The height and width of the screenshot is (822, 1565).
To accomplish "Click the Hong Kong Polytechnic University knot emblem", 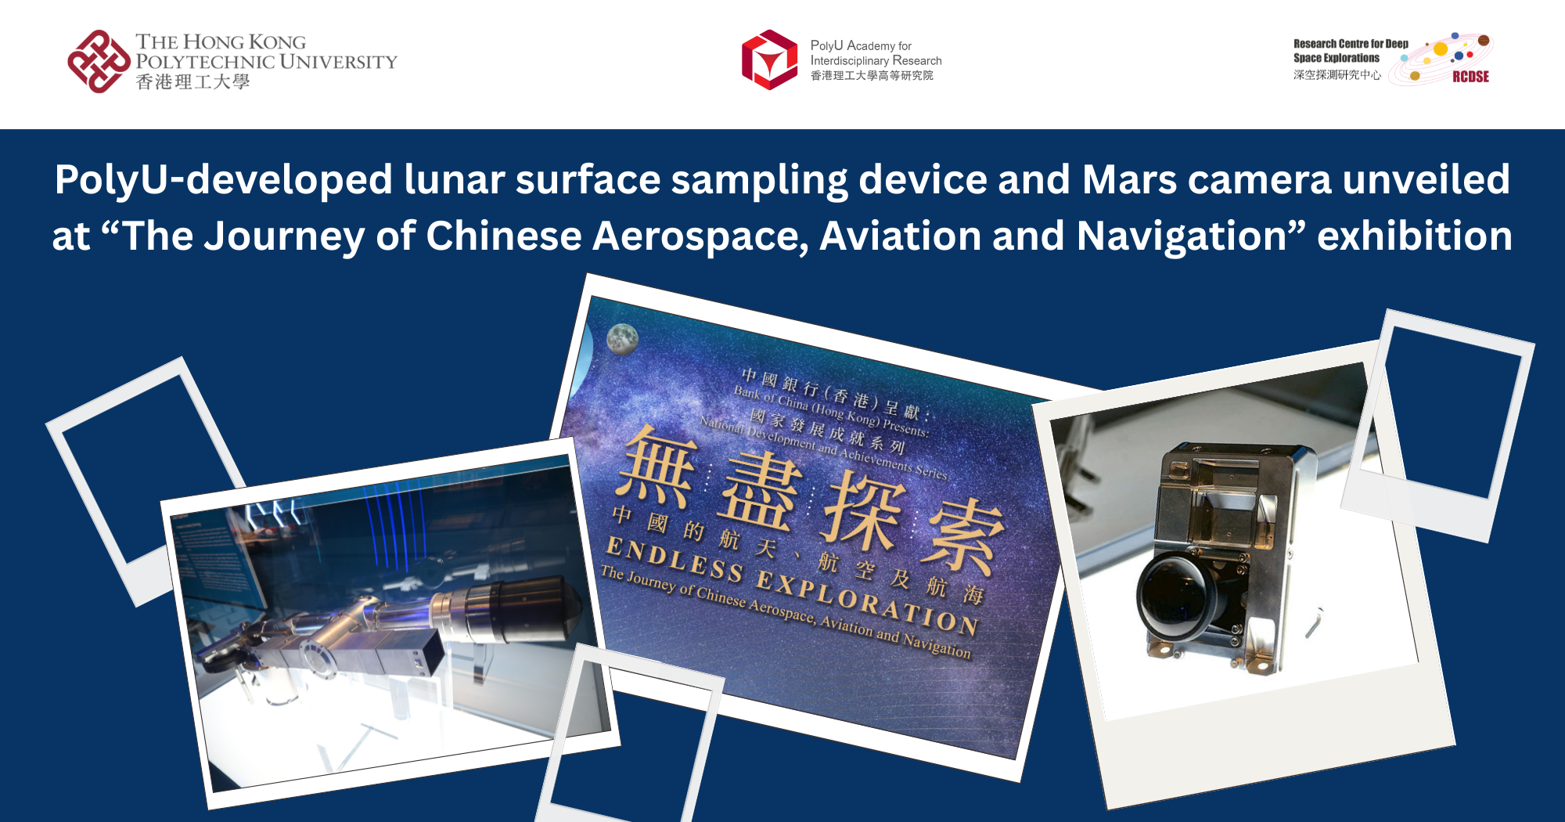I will point(99,61).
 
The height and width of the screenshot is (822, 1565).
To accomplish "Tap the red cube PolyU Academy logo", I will point(769,59).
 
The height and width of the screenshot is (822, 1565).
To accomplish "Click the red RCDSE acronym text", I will point(1470,77).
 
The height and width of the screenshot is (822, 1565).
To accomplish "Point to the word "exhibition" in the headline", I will point(1414,236).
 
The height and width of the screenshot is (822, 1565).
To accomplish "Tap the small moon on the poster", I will point(622,339).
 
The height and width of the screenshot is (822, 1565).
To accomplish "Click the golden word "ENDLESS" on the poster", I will point(674,559).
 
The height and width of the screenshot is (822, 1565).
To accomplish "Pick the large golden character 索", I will point(962,537).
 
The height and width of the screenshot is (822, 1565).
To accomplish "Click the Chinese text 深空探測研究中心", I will point(1337,75).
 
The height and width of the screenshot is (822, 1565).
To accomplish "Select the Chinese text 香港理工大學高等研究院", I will point(872,76).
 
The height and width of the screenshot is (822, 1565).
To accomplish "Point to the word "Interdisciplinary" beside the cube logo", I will point(849,61).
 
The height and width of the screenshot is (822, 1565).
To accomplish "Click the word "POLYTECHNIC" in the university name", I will point(205,62).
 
